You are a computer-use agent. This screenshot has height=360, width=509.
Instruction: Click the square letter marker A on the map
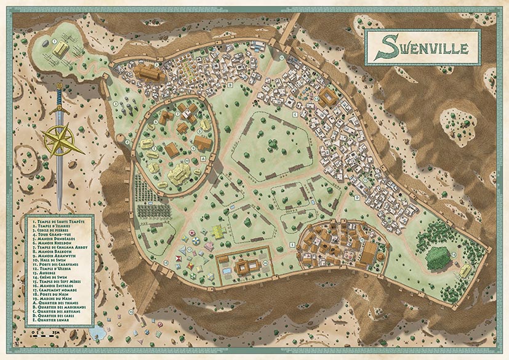coord(203,159)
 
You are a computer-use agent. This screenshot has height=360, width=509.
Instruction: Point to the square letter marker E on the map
coord(292,244)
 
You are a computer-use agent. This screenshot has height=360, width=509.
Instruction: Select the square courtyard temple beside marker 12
coord(327,97)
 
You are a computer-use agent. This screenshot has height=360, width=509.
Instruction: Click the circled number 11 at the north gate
coord(281,57)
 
